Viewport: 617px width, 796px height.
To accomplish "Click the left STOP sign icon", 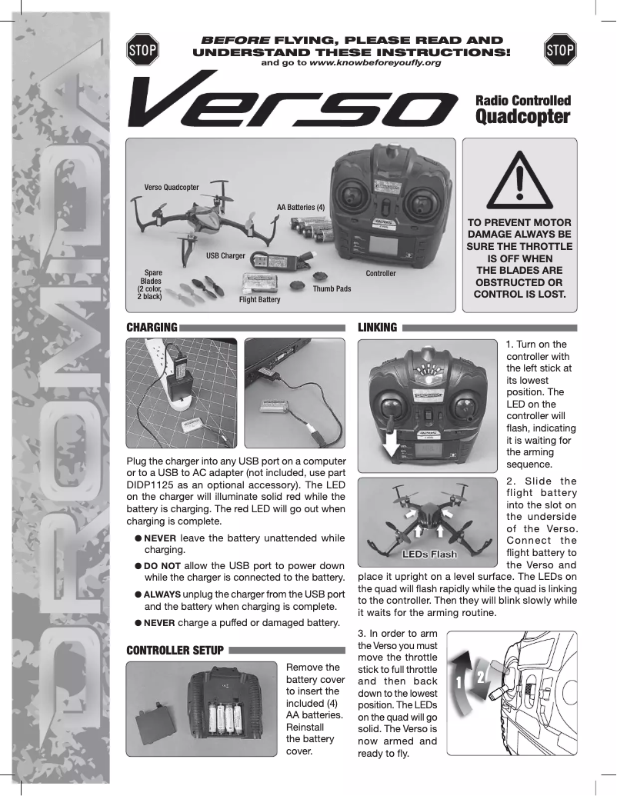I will (x=142, y=50).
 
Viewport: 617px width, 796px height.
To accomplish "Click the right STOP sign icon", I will (x=559, y=50).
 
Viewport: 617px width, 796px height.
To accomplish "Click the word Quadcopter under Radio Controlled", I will (x=522, y=117).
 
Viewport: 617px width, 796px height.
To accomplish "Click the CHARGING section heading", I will (x=152, y=328).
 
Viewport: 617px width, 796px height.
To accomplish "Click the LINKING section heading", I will (x=378, y=328).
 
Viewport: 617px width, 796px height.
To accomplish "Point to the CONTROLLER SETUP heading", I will (x=175, y=651).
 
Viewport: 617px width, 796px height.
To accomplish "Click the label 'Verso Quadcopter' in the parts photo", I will (x=172, y=187).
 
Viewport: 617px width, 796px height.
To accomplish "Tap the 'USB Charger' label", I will (x=225, y=255).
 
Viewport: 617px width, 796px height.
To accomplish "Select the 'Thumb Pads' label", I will (x=332, y=288).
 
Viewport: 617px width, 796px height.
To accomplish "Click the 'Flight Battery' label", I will (x=259, y=299).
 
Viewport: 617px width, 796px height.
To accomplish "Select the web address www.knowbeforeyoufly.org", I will (x=375, y=62).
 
